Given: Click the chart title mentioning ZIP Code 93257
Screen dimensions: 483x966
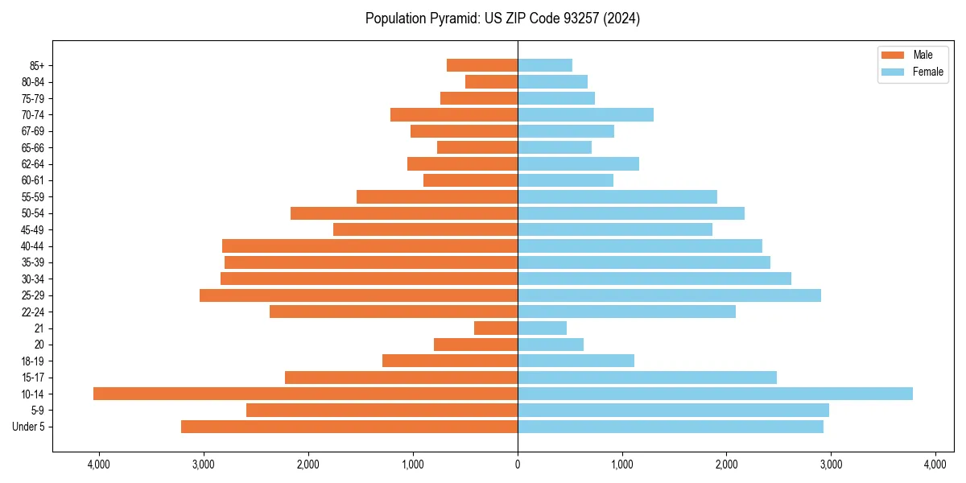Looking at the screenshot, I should point(502,19).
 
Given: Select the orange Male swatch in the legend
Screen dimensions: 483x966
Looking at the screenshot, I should point(893,55).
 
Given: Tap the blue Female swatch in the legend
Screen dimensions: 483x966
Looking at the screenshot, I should point(893,72).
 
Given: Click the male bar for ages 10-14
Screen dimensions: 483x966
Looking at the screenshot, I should point(305,394).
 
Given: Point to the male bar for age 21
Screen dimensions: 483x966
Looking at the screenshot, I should point(496,328).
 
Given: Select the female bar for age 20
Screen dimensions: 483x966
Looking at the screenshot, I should point(551,345).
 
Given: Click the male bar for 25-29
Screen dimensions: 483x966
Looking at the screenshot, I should point(358,295).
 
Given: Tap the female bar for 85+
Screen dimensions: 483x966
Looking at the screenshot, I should point(545,65).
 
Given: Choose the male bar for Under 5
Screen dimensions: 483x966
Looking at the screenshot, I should point(349,427).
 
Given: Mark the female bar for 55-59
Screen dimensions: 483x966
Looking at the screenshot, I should point(617,196).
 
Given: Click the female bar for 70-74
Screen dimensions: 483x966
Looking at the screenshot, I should point(585,114).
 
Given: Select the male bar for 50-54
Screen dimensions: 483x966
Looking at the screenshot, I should point(404,213).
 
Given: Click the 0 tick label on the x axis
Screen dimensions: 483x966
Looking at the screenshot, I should point(518,464).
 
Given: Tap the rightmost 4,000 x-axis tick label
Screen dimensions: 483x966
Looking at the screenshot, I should point(935,464).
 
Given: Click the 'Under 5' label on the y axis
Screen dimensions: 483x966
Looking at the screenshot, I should point(29,427).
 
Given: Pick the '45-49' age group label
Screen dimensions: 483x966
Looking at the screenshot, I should point(33,229).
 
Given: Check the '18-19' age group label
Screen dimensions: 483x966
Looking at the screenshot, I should point(33,361).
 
